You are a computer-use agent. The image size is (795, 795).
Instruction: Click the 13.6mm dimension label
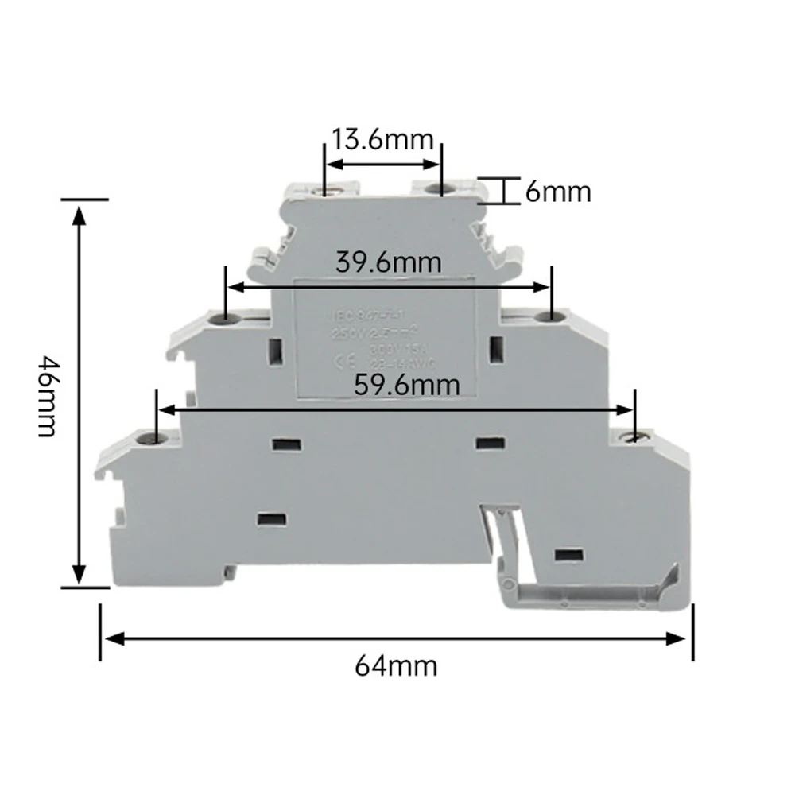point(382,140)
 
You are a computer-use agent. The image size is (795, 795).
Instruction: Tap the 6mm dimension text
point(558,192)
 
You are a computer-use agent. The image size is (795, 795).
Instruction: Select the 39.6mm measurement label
point(388,262)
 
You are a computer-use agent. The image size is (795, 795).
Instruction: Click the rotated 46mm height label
point(45,395)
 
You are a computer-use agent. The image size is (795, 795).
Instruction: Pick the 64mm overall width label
point(395,665)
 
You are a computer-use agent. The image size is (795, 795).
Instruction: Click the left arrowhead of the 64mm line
point(111,638)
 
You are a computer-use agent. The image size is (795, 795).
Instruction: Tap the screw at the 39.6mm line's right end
point(548,318)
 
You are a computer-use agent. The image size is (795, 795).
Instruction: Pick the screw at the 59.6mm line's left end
point(149,438)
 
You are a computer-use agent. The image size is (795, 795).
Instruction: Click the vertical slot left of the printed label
point(277,350)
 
